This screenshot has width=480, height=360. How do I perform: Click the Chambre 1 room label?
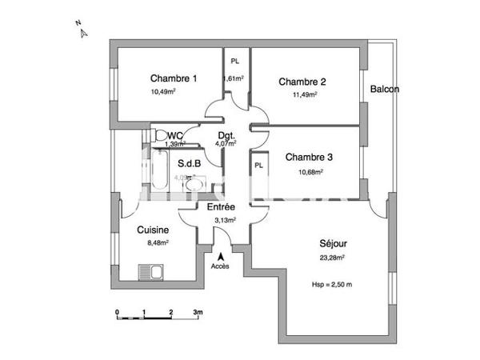pyautogui.click(x=173, y=78)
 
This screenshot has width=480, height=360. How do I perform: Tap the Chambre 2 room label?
pyautogui.click(x=302, y=82)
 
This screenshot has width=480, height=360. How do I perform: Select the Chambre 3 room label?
pyautogui.click(x=309, y=157)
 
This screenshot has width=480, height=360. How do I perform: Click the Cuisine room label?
pyautogui.click(x=152, y=230)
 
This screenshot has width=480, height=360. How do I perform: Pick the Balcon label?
pyautogui.click(x=384, y=89)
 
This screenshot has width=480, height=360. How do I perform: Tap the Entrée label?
pyautogui.click(x=220, y=207)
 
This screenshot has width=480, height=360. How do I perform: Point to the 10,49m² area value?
pyautogui.click(x=163, y=91)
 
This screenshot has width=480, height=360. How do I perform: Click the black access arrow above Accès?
pyautogui.click(x=220, y=255)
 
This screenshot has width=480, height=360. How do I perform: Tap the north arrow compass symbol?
pyautogui.click(x=82, y=32)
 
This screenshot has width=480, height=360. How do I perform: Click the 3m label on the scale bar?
pyautogui.click(x=197, y=312)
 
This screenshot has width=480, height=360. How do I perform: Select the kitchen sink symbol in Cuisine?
pyautogui.click(x=150, y=273)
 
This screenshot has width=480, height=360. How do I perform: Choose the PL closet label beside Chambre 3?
pyautogui.click(x=258, y=166)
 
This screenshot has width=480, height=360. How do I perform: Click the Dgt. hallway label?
pyautogui.click(x=226, y=136)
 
